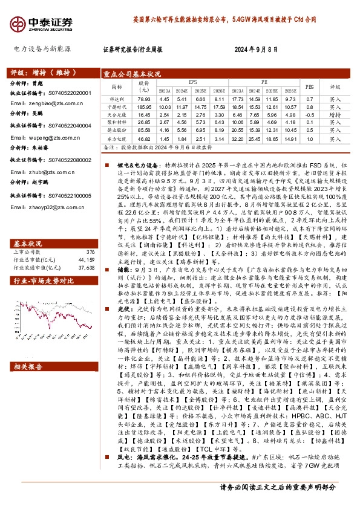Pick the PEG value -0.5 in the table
[309, 114]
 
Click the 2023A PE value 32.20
[237, 138]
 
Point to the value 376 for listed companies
[91, 234]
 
